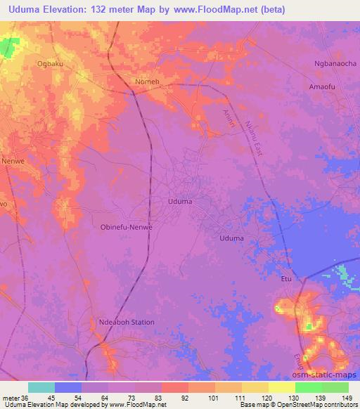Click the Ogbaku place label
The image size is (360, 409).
[x=50, y=63]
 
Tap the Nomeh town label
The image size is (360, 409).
[x=147, y=82]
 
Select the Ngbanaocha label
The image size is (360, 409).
[x=335, y=64]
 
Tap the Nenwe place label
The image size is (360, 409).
[x=12, y=160]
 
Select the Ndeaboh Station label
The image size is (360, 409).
[x=127, y=322]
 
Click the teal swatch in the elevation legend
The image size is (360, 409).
[x=41, y=387]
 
